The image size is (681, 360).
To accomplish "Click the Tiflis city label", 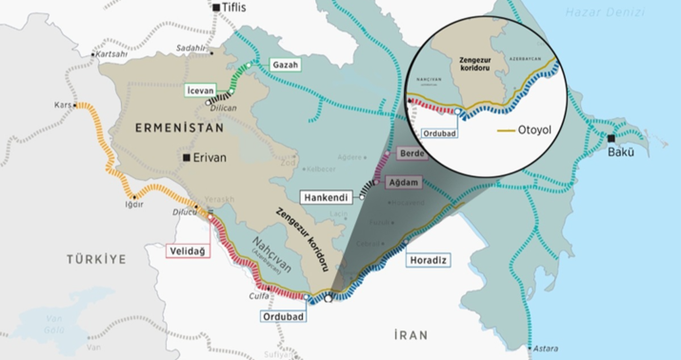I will tap(233, 8).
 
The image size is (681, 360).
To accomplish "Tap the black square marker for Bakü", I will tap(611, 139).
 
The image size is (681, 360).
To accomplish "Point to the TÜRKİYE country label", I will tap(96, 259).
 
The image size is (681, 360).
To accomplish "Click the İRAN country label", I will tap(413, 333).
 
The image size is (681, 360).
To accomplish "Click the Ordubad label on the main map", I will tap(285, 315).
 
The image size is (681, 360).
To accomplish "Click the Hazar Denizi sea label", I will tap(598, 11).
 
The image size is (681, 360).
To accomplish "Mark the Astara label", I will tap(545, 348).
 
